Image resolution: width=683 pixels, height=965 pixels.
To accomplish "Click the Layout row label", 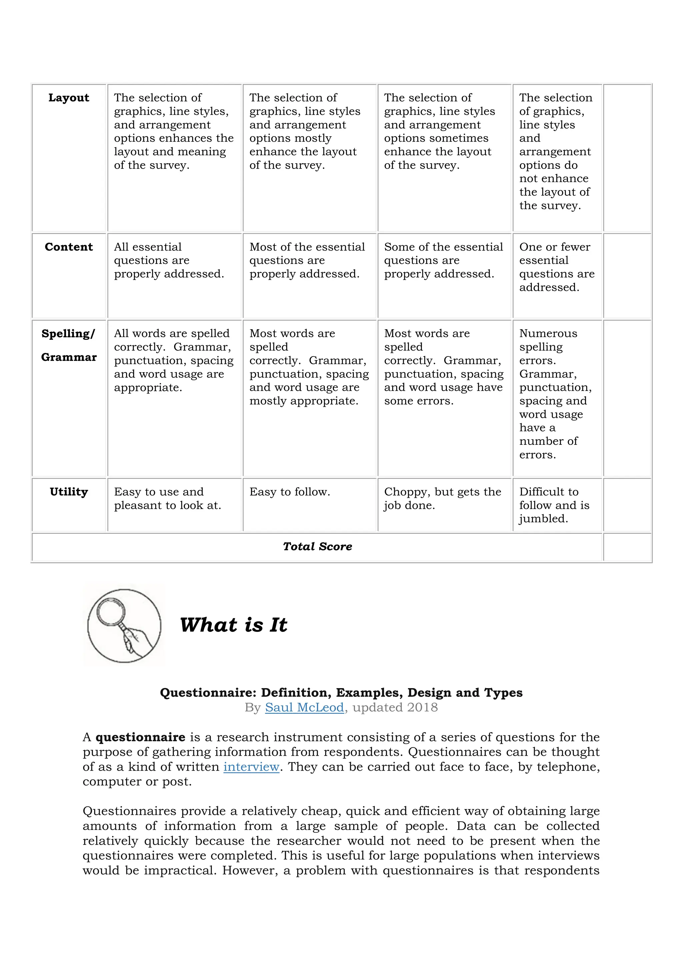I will [69, 98].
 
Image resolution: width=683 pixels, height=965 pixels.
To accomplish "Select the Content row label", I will [69, 247].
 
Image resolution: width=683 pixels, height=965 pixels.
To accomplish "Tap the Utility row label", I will [69, 492].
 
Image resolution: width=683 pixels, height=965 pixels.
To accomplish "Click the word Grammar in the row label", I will [69, 357].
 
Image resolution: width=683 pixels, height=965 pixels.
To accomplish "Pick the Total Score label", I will [317, 547].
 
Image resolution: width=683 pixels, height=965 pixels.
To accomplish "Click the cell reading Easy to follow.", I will [290, 492].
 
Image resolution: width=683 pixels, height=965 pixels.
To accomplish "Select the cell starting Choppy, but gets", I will [443, 498].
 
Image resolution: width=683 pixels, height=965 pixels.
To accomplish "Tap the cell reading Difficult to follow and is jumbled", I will [554, 505].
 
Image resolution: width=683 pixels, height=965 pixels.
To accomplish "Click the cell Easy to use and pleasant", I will [167, 498].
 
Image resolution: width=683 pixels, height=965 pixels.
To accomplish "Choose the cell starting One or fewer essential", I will [556, 267].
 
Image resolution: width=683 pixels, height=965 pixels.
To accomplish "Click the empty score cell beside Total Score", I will [627, 547].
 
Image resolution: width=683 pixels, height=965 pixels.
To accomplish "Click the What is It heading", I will [233, 625].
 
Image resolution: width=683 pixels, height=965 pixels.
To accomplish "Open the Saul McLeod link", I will [304, 707].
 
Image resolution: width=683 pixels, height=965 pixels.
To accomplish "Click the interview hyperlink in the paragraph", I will [251, 767].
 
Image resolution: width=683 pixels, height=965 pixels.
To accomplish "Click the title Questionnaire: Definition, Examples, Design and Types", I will [341, 693].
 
